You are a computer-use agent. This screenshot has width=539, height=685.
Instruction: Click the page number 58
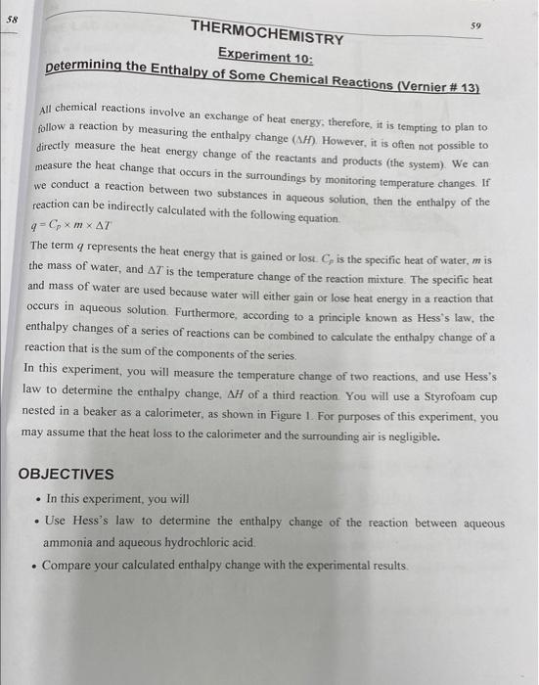coord(13,18)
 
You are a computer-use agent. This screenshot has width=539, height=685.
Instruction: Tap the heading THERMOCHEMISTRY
coord(268,34)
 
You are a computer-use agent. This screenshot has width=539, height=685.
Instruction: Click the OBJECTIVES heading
coord(67,474)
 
